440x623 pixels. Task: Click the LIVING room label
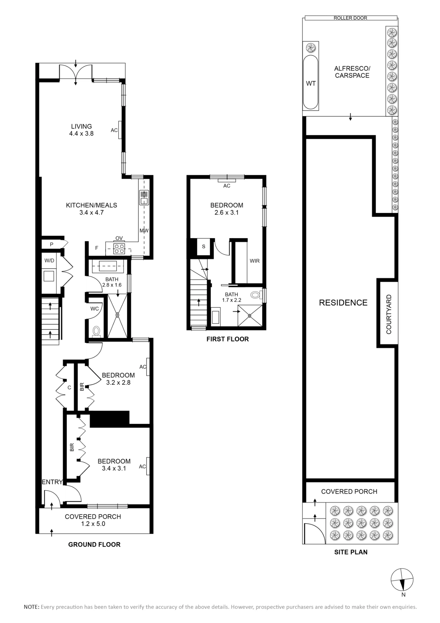point(82,126)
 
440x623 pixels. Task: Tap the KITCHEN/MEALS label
point(91,205)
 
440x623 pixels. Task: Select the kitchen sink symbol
point(144,197)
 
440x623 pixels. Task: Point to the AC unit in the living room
point(120,130)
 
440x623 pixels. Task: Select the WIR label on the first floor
point(255,261)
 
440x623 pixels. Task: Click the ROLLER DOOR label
point(350,18)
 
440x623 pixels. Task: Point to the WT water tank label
point(311,83)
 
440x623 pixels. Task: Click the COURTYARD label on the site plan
point(389,314)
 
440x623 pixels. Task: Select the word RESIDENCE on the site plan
point(343,302)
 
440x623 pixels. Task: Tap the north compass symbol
point(402,580)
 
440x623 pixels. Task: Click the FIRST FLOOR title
point(228,339)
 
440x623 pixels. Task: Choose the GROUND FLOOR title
point(94,545)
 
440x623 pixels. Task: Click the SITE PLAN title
point(351,552)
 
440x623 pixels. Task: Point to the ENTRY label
point(52,482)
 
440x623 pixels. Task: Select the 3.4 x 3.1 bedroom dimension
point(114,468)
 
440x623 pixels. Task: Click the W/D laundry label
point(49,261)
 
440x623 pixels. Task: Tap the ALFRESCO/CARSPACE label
point(352,72)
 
